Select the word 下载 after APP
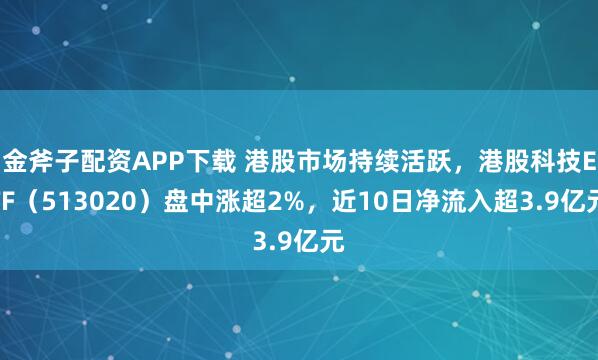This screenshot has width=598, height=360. point(197,158)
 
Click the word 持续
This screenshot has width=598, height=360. point(351,158)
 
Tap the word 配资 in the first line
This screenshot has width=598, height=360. point(96,158)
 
